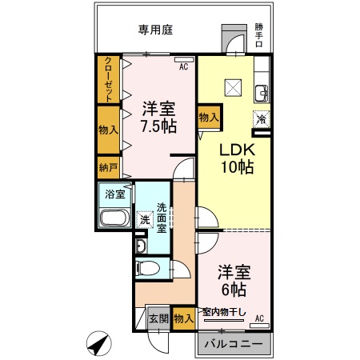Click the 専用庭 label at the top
click(x=156, y=30)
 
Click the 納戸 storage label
click(x=107, y=169)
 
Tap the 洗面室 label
click(x=161, y=216)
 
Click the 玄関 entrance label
click(x=158, y=318)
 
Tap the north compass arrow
click(x=98, y=345)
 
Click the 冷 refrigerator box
click(x=261, y=118)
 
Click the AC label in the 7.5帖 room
click(x=183, y=67)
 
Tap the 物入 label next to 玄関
click(x=183, y=318)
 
